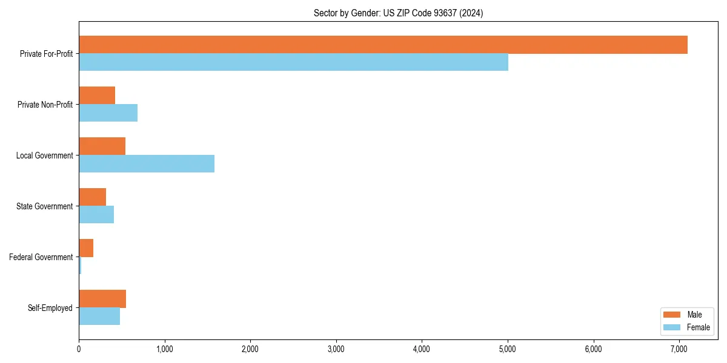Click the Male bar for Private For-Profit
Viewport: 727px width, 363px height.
click(383, 45)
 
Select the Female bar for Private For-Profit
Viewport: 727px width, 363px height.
click(293, 62)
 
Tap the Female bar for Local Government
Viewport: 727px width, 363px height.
click(147, 164)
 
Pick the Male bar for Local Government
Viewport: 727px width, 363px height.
click(102, 146)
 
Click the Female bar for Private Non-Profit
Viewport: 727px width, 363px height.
click(108, 113)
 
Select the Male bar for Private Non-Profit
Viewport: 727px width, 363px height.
click(97, 96)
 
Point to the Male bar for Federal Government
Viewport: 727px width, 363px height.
click(86, 248)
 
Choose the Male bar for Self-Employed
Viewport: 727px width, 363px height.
click(102, 299)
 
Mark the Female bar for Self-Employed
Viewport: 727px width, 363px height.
click(99, 316)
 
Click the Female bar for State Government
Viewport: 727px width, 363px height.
click(96, 215)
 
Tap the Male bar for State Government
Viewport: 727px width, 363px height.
click(92, 197)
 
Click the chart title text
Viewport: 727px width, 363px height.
click(398, 13)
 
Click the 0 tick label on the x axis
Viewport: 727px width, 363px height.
click(79, 349)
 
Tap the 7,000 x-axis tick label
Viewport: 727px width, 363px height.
click(679, 349)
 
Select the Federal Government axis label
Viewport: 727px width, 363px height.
click(41, 257)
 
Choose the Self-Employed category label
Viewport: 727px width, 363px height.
click(50, 308)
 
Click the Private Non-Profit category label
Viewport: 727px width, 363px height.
click(45, 105)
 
